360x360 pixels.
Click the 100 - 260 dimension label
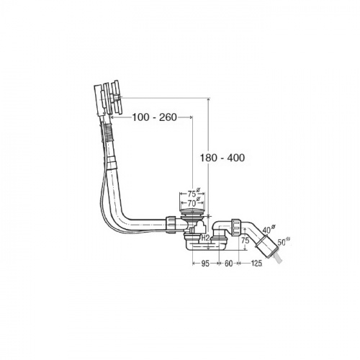155,117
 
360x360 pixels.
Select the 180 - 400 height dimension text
222,158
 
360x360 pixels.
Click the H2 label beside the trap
206,238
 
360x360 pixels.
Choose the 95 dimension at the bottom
205,264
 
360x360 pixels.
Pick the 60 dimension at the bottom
228,264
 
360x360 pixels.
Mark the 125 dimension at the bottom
256,264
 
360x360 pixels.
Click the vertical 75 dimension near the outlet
245,240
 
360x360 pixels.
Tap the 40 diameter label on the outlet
269,229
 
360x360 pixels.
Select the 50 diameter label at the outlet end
284,241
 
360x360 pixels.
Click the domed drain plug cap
192,212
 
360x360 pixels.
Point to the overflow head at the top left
108,98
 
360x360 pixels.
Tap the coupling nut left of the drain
171,224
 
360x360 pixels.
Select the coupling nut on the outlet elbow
236,227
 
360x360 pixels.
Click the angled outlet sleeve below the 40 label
266,246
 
